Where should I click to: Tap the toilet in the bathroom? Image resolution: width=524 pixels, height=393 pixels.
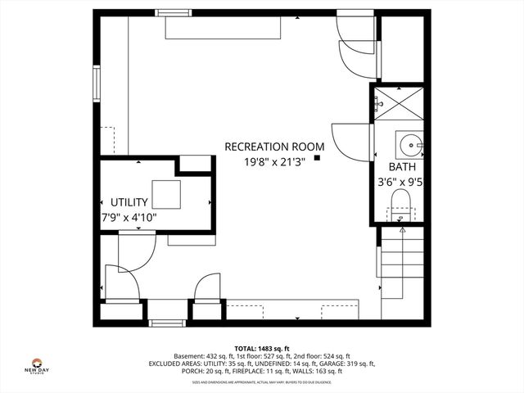click(x=400, y=203)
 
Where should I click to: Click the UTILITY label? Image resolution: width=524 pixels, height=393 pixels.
click(x=129, y=202)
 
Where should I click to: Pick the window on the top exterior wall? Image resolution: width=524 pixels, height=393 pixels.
click(x=174, y=12)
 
